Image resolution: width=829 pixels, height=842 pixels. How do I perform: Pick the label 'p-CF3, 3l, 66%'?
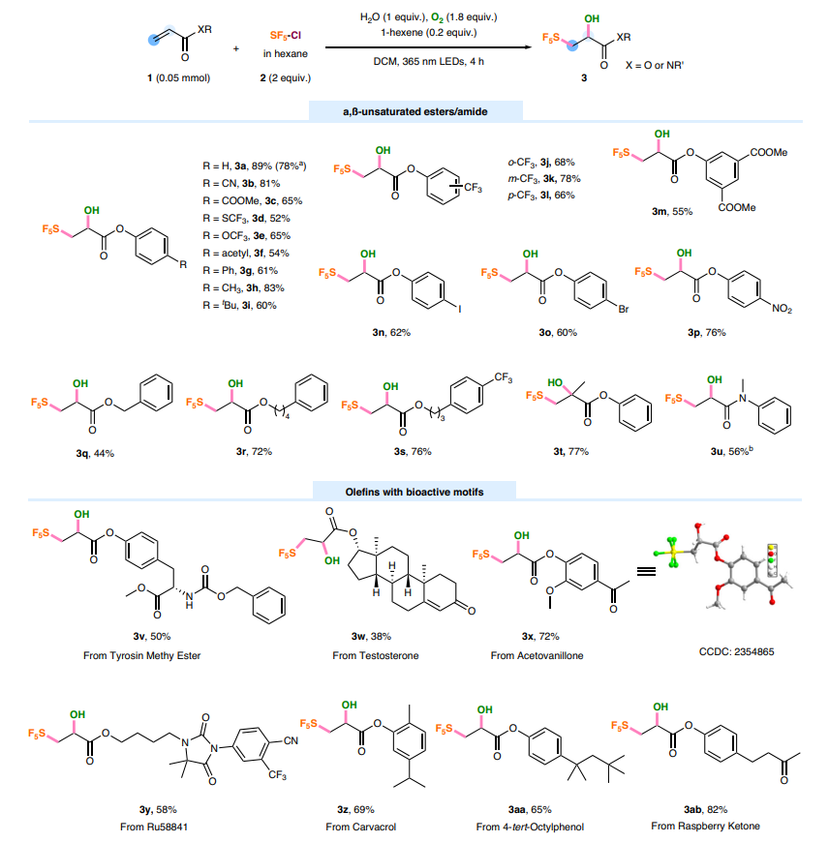(x=548, y=195)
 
